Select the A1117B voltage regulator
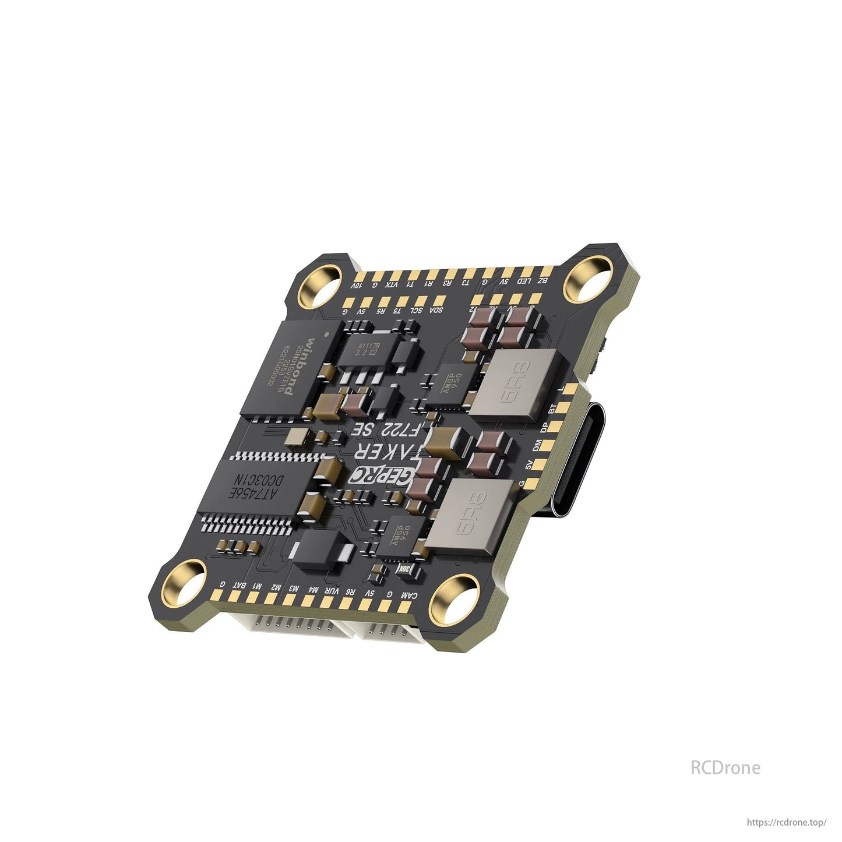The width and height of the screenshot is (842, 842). pos(367,350)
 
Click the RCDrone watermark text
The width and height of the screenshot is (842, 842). pos(725,767)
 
